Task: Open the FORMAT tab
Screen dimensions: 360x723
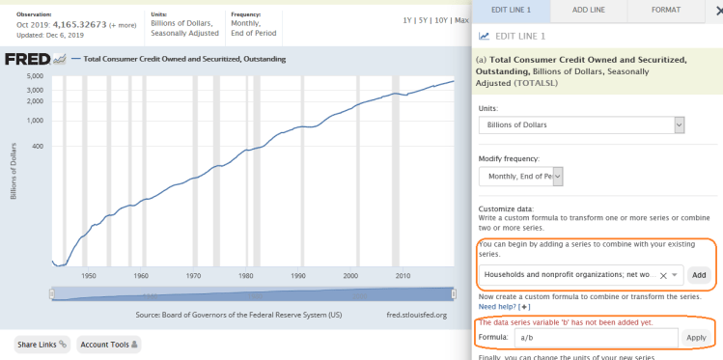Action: point(664,10)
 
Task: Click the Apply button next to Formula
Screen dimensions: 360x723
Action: point(696,338)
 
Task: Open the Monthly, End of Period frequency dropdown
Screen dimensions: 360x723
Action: point(520,176)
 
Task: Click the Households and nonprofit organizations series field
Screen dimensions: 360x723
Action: point(580,275)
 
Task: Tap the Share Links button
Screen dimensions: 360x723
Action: point(42,344)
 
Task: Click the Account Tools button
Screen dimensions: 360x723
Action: point(109,344)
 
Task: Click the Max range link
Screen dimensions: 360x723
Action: point(461,19)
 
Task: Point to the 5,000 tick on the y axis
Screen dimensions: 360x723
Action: point(37,75)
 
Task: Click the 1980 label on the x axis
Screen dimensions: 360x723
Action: point(246,275)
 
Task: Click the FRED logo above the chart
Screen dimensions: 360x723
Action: point(28,59)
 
